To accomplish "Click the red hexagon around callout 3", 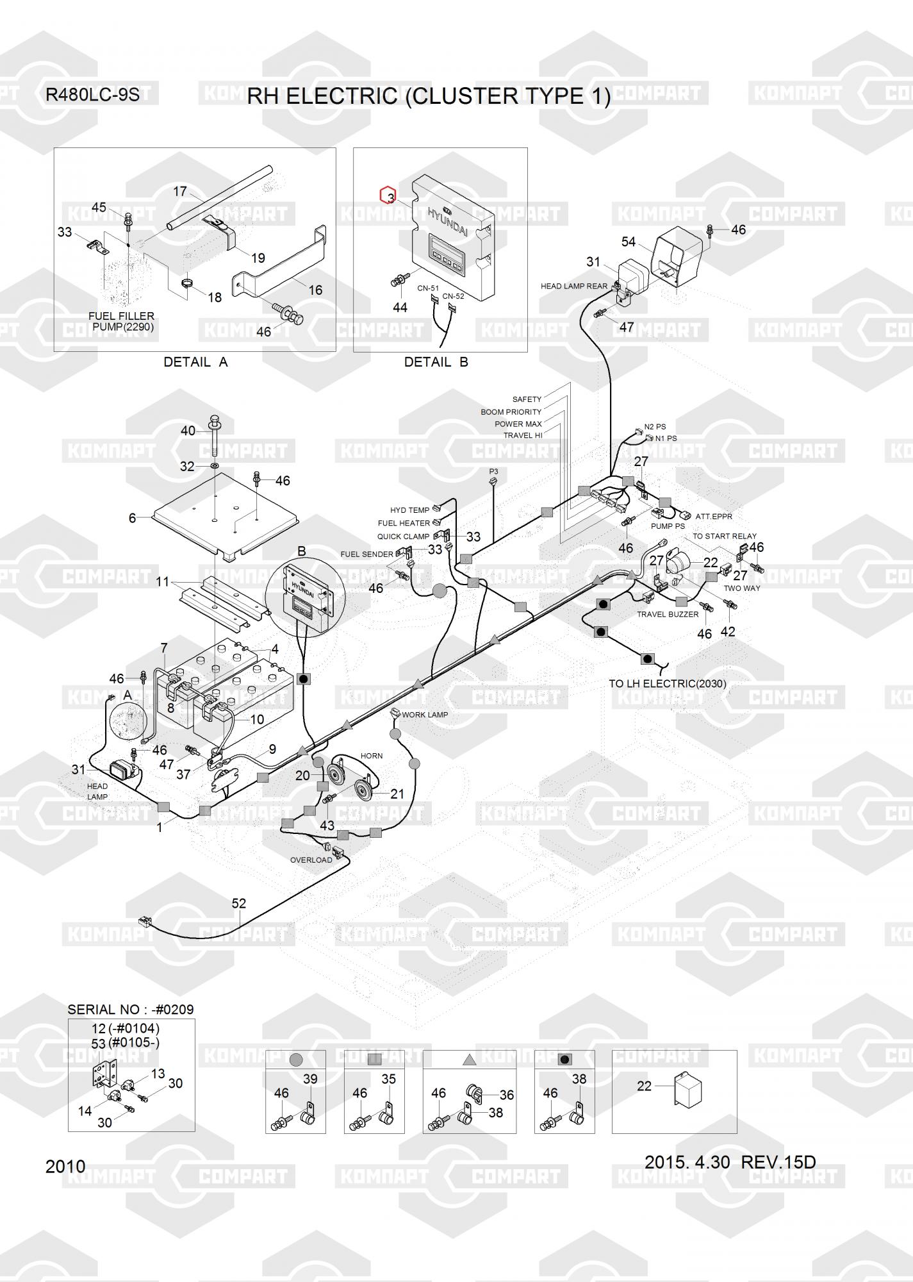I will [x=388, y=194].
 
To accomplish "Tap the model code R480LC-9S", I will [x=92, y=95].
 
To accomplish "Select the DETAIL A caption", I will [x=195, y=362].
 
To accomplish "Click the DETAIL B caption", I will [x=436, y=362].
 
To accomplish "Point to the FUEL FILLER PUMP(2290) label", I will [x=122, y=322].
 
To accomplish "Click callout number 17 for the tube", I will [x=180, y=191].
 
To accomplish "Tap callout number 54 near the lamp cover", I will [x=629, y=242].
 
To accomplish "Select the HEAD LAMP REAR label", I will [x=573, y=287].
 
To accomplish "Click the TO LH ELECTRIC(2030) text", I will [x=667, y=684].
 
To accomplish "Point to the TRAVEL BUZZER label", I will [x=667, y=614].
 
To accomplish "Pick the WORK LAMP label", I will [x=425, y=715].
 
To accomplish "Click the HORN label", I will [x=372, y=756].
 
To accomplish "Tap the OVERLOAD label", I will [x=311, y=860].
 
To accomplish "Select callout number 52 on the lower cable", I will [x=238, y=903].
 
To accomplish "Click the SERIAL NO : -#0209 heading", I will [x=130, y=1010].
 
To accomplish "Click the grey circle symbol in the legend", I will [x=296, y=1060].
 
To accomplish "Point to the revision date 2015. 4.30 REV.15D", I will [x=730, y=1162].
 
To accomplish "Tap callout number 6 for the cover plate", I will [x=132, y=518].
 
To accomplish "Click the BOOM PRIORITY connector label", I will [x=511, y=412].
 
